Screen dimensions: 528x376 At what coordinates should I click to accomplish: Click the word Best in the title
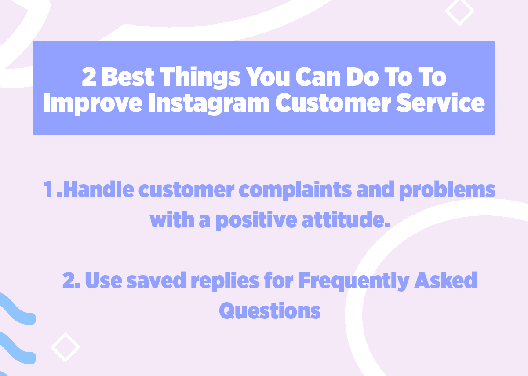tap(128, 77)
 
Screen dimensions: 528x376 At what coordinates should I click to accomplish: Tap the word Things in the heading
tap(200, 78)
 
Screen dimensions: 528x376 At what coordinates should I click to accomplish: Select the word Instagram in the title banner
tap(209, 103)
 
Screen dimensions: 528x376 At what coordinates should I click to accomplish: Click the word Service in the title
tap(441, 103)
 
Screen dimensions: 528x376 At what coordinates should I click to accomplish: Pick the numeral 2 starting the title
tap(89, 77)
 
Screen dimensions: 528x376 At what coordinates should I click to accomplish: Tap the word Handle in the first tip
tap(98, 189)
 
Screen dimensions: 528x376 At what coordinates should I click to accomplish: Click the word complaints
tap(295, 190)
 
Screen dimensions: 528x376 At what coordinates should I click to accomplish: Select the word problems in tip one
tap(447, 190)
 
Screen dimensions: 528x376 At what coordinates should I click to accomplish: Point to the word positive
tap(256, 220)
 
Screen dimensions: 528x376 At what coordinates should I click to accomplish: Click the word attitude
tap(346, 219)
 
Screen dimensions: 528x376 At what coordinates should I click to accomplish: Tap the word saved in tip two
tap(156, 280)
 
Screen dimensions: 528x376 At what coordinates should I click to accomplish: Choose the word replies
tap(225, 281)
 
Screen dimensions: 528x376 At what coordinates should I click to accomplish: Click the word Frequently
tap(354, 281)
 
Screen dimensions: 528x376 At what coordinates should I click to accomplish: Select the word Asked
tap(445, 280)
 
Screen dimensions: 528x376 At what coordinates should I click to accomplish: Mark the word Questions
tap(270, 311)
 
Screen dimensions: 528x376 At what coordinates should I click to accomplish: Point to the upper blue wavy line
tap(17, 309)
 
